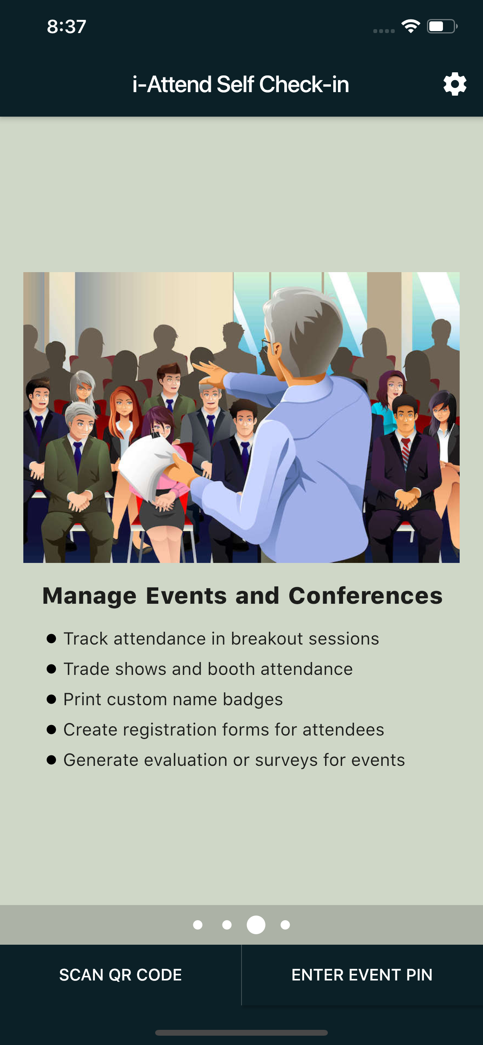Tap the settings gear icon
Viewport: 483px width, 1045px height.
tap(455, 84)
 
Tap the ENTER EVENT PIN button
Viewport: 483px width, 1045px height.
tap(362, 975)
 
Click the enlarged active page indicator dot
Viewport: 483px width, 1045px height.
tap(256, 924)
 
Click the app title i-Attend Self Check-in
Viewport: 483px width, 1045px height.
tap(241, 84)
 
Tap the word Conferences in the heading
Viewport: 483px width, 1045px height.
tap(365, 596)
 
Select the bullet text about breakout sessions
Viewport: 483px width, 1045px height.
tap(221, 638)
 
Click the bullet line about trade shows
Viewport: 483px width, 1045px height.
tap(208, 669)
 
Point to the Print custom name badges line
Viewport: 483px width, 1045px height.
tap(173, 699)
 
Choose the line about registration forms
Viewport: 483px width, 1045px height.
tap(224, 729)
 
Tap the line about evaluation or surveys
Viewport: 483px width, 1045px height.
tap(234, 760)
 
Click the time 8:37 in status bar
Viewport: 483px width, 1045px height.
tap(66, 27)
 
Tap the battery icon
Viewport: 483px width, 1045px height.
tap(442, 26)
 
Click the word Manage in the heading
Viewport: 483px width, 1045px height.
tap(89, 596)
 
